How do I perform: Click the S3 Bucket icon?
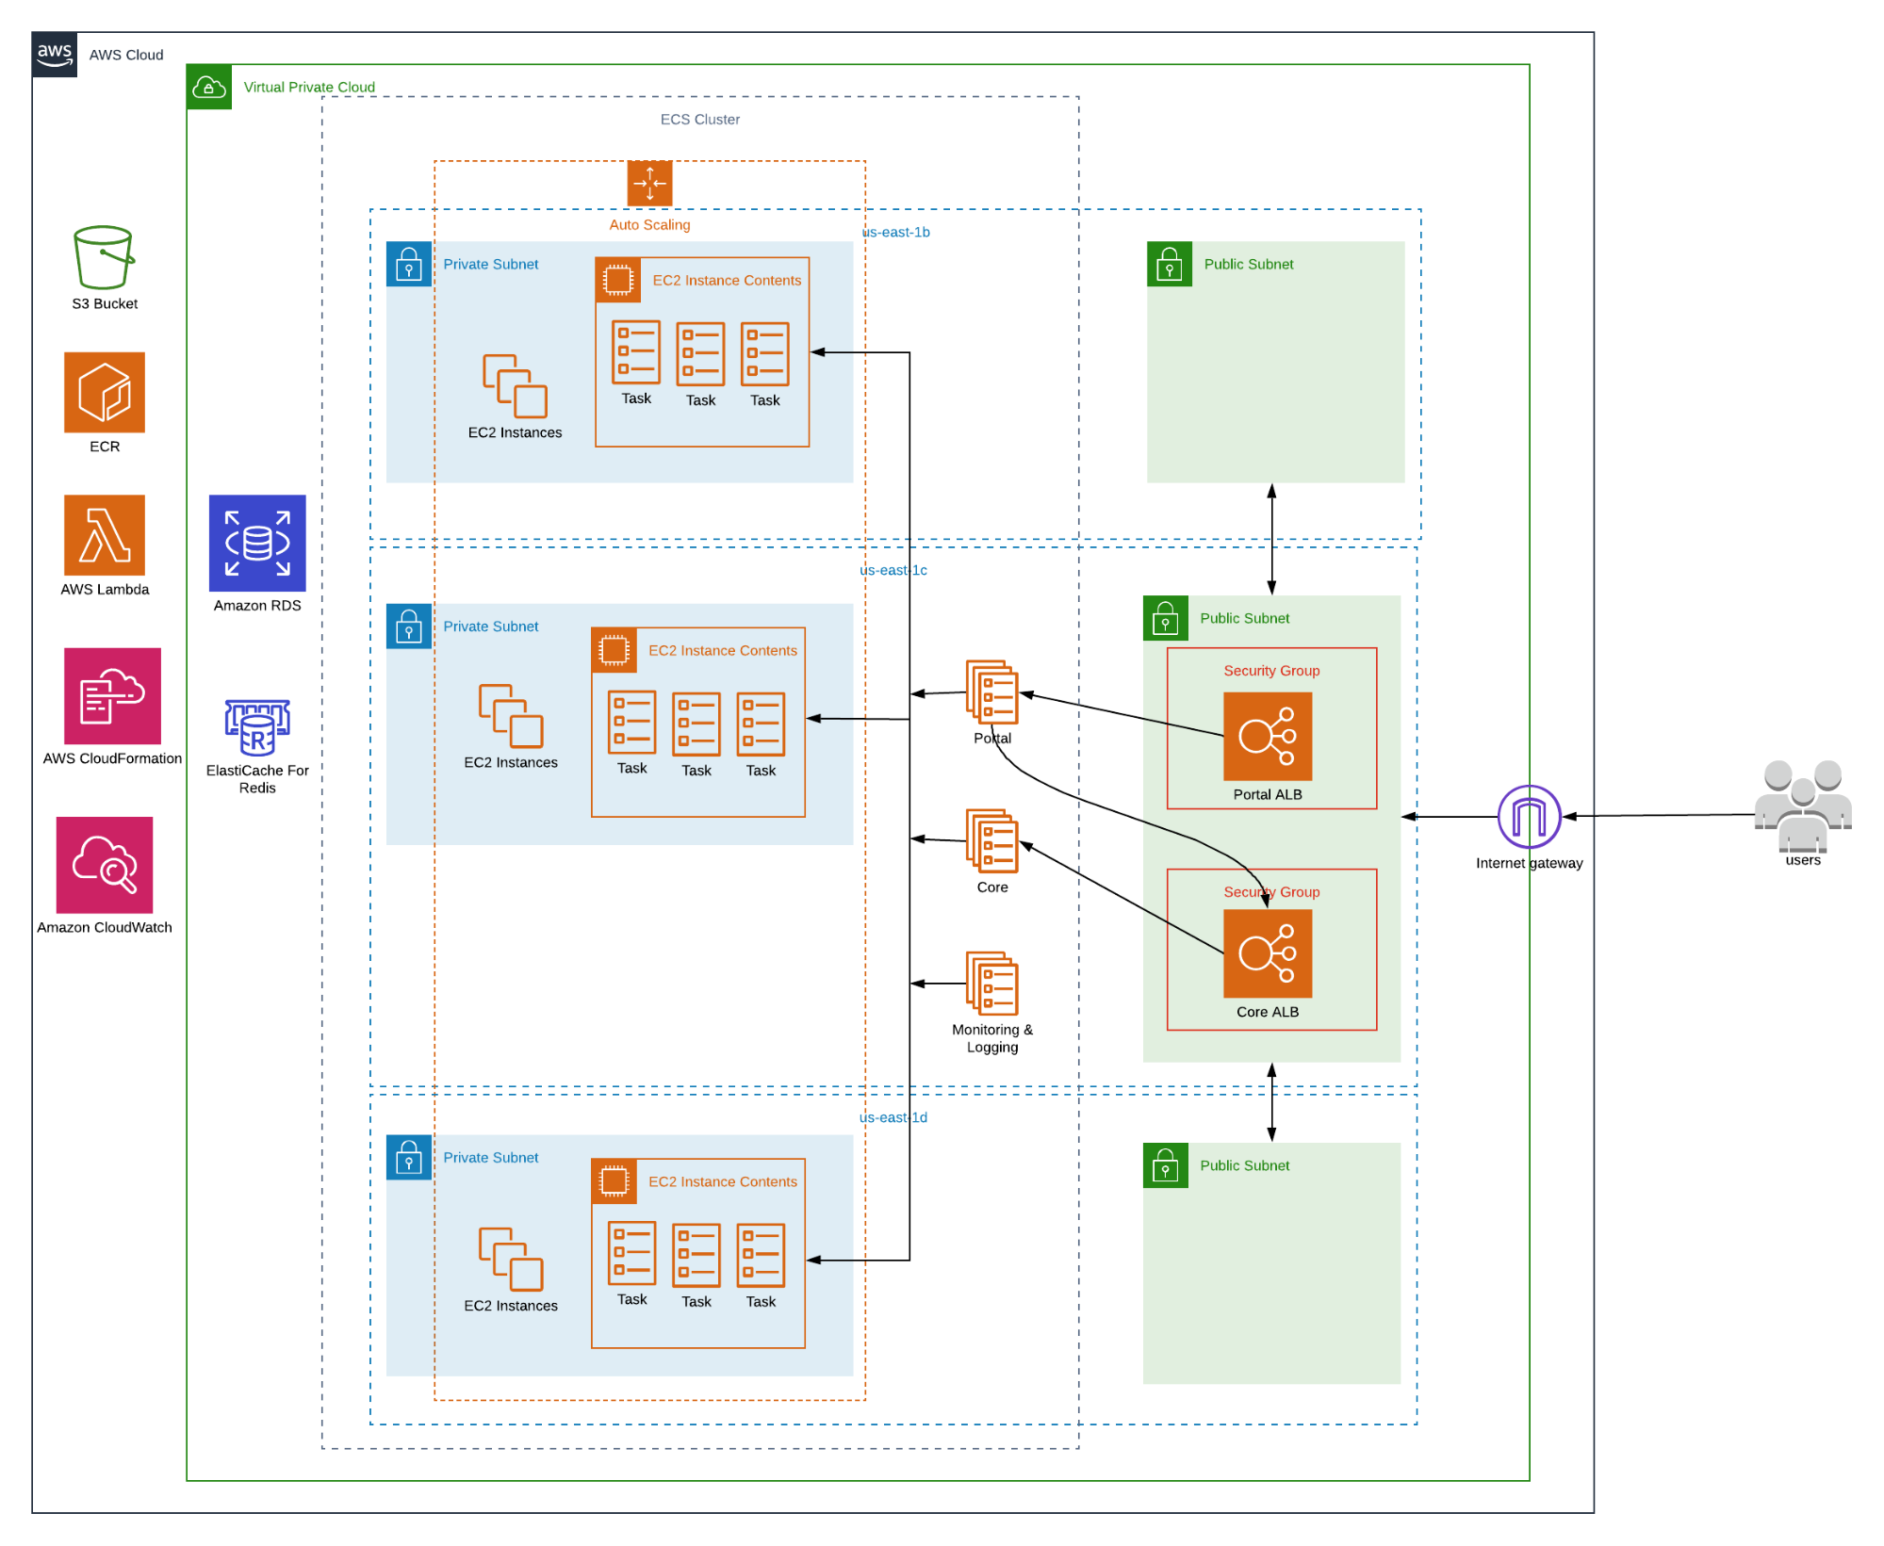pos(104,257)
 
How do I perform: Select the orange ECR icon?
pos(105,392)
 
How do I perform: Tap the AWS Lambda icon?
pos(105,534)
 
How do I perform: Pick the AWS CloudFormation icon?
pos(112,695)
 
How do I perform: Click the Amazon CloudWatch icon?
pos(105,864)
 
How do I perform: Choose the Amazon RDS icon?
pos(257,543)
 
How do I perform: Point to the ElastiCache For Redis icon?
pos(257,727)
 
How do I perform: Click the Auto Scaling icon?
pos(649,183)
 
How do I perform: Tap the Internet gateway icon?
pos(1529,816)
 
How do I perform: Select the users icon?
pos(1802,806)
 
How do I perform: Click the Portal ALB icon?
pos(1267,736)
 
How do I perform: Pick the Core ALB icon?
pos(1267,952)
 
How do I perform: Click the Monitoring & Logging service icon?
pos(991,983)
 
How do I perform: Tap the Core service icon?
pos(991,839)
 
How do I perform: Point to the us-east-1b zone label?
pos(896,232)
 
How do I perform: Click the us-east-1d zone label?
pos(893,1117)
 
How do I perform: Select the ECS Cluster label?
pos(699,120)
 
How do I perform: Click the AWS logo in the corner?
pos(55,55)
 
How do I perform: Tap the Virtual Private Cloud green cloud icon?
pos(209,88)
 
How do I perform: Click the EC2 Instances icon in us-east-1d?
pos(511,1259)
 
